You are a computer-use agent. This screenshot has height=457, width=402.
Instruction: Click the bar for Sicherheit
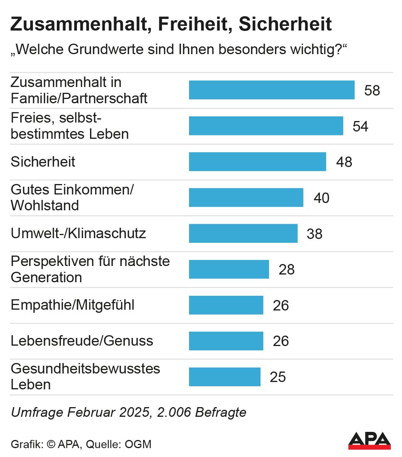[257, 162]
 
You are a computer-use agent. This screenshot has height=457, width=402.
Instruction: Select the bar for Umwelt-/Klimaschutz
[243, 234]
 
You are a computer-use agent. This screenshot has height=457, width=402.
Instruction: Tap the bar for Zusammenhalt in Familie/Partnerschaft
[272, 90]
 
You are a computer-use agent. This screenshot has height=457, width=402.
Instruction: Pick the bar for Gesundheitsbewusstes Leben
[225, 377]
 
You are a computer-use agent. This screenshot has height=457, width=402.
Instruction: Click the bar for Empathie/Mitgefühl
[226, 305]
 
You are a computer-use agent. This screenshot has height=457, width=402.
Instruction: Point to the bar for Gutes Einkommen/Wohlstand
[246, 198]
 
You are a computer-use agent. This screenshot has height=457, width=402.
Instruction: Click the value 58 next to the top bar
[372, 90]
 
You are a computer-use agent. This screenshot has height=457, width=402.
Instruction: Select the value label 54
[360, 126]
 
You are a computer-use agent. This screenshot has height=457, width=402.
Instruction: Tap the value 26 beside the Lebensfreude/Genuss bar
[281, 341]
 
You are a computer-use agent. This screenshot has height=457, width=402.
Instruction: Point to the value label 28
[286, 269]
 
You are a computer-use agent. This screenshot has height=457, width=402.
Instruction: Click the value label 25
[278, 377]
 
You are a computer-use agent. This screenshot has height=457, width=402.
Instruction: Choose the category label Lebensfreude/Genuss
[82, 341]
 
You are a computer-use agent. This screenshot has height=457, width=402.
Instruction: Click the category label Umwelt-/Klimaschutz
[78, 234]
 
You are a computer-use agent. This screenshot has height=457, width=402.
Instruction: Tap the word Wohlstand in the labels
[45, 206]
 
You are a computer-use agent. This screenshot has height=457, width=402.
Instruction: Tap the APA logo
[369, 441]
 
